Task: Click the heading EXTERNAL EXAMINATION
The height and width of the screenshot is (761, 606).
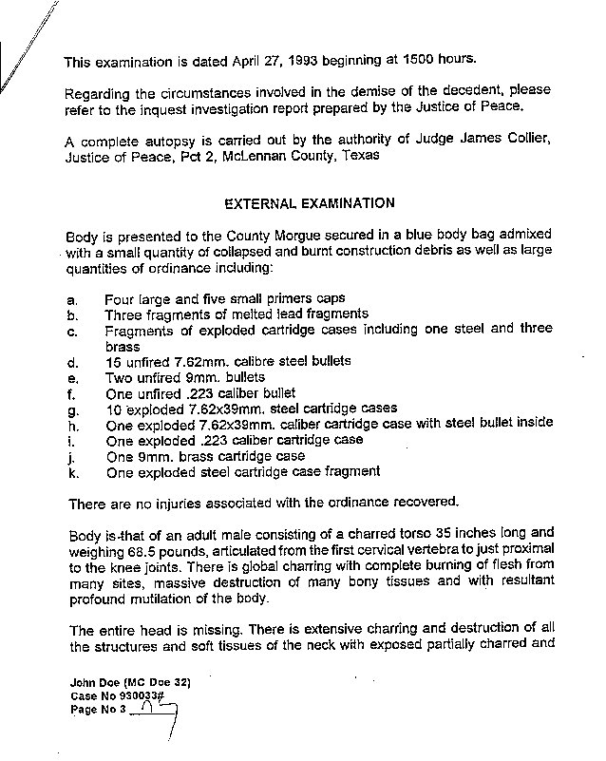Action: pos(308,202)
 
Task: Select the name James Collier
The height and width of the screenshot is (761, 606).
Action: pos(494,141)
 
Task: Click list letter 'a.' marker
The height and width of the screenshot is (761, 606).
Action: pos(71,298)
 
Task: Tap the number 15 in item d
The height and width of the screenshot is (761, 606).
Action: pos(114,361)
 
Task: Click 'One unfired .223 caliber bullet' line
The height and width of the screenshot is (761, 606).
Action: pos(200,392)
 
